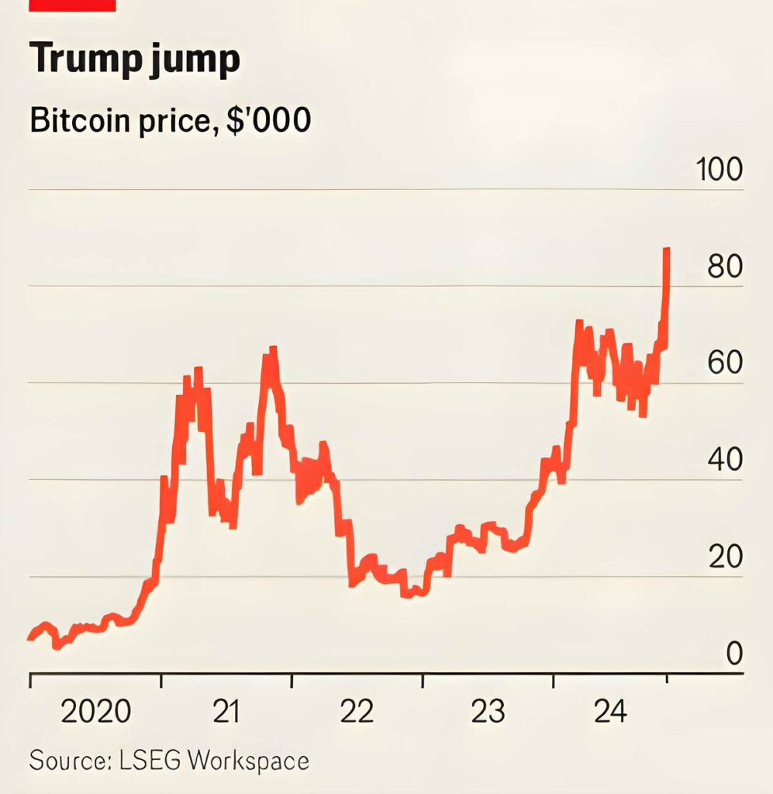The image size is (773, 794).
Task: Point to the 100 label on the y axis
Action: [720, 171]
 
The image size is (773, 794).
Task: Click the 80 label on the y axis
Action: [725, 267]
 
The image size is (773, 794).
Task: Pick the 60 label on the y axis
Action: [725, 364]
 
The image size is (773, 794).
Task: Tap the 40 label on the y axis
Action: [725, 461]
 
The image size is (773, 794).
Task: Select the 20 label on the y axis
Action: [725, 558]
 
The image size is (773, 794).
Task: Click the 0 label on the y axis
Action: [733, 654]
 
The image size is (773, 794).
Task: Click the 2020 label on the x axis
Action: [96, 711]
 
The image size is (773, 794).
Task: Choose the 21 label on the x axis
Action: [226, 711]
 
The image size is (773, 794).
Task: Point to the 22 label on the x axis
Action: [357, 711]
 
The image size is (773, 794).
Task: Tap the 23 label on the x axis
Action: [488, 711]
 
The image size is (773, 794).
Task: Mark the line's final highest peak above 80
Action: [667, 250]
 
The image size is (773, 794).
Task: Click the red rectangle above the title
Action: [71, 5]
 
